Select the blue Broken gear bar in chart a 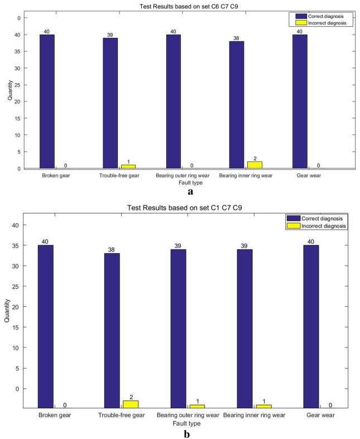[x=47, y=101]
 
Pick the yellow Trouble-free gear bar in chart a [x=128, y=166]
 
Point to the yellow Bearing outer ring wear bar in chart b [x=197, y=406]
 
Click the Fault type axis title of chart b [x=181, y=424]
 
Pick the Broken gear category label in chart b [x=54, y=416]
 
